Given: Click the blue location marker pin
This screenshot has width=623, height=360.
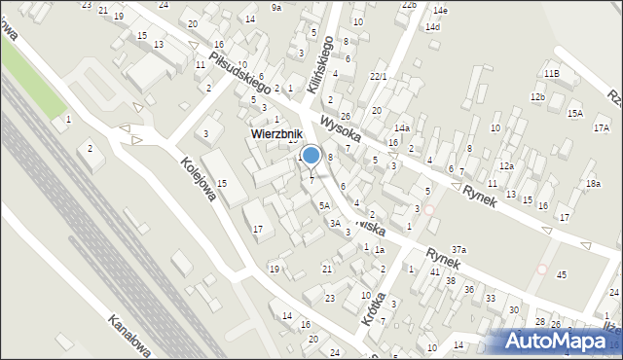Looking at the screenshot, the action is [311, 155].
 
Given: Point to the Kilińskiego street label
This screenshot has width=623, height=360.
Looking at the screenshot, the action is [321, 64].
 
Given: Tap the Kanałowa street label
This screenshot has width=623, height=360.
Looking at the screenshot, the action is [128, 335].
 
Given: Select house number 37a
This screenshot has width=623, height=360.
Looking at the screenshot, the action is [458, 250].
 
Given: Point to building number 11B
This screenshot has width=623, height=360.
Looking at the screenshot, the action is [552, 74].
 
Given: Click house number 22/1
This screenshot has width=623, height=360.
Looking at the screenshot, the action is [379, 76].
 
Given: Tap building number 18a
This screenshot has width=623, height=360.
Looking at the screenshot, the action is [593, 184].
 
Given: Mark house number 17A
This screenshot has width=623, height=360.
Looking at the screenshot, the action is [601, 127].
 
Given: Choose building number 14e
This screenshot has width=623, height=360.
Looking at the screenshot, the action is [440, 11].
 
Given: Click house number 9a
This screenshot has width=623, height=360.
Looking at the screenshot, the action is [276, 8].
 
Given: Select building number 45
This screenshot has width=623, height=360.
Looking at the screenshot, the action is [561, 275].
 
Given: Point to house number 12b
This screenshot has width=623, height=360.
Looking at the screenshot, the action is [537, 97].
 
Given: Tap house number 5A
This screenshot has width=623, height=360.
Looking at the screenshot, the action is [326, 206].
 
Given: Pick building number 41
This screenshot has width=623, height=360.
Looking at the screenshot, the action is [435, 271].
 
